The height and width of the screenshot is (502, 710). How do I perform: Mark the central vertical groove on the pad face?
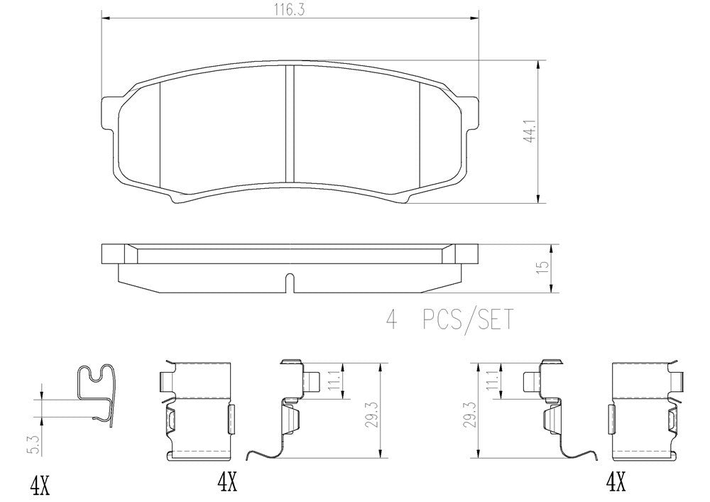pyautogui.click(x=289, y=124)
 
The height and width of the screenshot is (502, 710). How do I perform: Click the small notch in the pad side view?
pyautogui.click(x=289, y=282)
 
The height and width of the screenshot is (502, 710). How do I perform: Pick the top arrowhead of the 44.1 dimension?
pyautogui.click(x=537, y=65)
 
